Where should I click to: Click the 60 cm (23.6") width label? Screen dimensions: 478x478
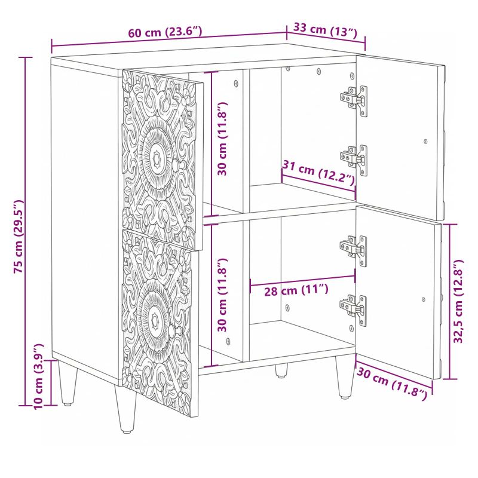pyautogui.click(x=165, y=32)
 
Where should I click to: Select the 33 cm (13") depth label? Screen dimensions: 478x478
pyautogui.click(x=325, y=29)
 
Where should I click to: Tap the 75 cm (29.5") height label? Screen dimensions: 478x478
pyautogui.click(x=19, y=237)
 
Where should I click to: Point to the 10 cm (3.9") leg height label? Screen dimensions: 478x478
pyautogui.click(x=39, y=376)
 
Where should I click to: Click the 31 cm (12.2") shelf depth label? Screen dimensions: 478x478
pyautogui.click(x=319, y=173)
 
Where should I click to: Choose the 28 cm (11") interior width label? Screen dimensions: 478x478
pyautogui.click(x=296, y=290)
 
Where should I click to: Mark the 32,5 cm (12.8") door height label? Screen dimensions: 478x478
pyautogui.click(x=458, y=301)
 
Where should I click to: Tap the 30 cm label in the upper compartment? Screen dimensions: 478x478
pyautogui.click(x=222, y=139)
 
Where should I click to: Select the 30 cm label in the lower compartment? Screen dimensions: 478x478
pyautogui.click(x=222, y=295)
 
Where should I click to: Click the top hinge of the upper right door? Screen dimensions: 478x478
pyautogui.click(x=354, y=99)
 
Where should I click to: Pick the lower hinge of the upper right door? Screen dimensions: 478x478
pyautogui.click(x=354, y=159)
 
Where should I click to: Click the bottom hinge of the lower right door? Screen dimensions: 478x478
pyautogui.click(x=354, y=309)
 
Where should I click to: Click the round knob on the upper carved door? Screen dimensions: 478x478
pyautogui.click(x=177, y=165)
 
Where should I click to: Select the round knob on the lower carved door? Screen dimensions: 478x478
pyautogui.click(x=173, y=332)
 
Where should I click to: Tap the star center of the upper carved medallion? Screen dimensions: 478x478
pyautogui.click(x=157, y=158)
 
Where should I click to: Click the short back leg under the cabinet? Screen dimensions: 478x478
pyautogui.click(x=281, y=370)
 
